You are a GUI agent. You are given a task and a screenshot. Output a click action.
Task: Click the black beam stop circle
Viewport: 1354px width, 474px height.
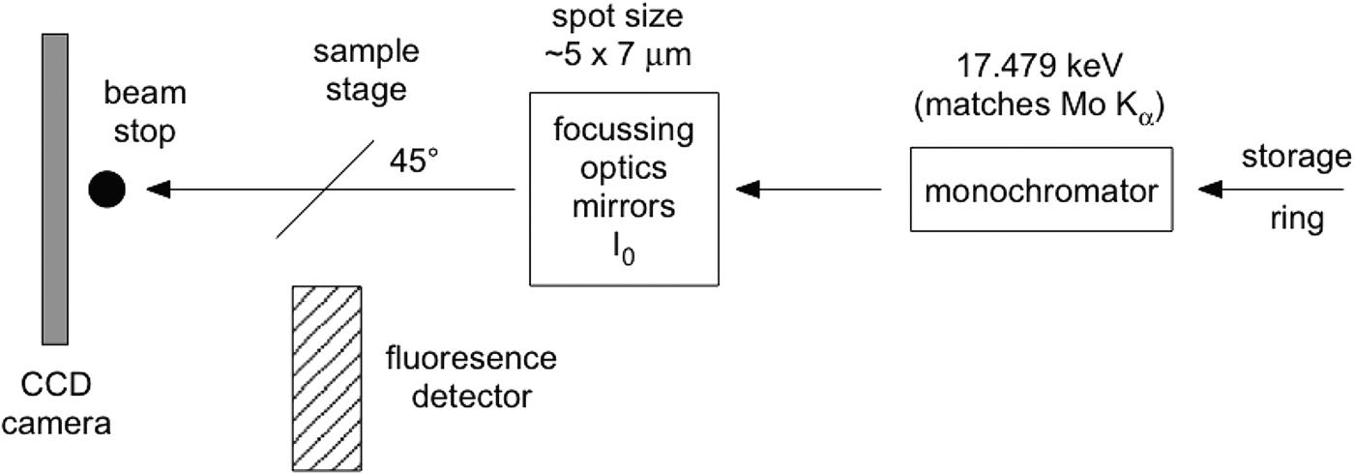[x=106, y=190]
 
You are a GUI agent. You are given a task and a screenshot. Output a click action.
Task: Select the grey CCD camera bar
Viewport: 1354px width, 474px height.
[x=54, y=188]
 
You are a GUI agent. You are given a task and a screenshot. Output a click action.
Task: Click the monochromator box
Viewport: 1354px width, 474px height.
[x=1041, y=190]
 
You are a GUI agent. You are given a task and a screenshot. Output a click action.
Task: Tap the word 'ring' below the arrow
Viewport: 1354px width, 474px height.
[x=1296, y=222]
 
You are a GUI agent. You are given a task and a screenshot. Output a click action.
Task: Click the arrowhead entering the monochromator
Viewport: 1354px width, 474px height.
[x=1209, y=190]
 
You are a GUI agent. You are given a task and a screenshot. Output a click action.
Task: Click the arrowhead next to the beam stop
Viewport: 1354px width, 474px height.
[x=156, y=190]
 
